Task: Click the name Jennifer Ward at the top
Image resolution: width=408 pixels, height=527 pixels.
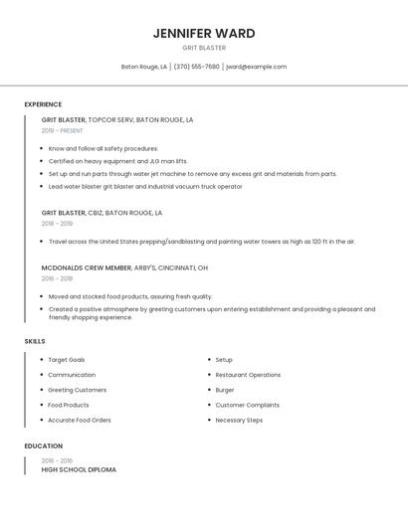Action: (x=204, y=33)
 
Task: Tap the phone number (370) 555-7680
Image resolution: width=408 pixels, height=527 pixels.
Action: (x=197, y=67)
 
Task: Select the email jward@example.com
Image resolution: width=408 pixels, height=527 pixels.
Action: (x=256, y=67)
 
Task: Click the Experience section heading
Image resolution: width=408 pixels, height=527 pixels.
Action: (x=43, y=104)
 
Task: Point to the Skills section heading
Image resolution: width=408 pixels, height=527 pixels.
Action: (x=35, y=341)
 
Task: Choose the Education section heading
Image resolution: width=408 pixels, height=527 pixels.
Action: (x=44, y=446)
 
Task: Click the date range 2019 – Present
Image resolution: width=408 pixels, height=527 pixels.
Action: (x=63, y=131)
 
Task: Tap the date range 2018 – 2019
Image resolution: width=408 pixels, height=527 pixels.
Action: (x=57, y=224)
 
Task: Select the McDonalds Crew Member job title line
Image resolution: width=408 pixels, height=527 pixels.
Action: (x=124, y=267)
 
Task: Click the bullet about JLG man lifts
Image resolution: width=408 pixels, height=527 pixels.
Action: (x=117, y=161)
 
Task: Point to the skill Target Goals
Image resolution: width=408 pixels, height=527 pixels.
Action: (x=67, y=360)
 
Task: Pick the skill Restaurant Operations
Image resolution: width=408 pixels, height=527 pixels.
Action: (x=248, y=375)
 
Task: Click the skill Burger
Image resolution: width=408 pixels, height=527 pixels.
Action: (x=225, y=390)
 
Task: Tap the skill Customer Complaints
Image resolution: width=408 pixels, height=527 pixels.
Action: (x=247, y=405)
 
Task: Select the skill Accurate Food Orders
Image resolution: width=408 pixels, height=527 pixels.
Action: (x=80, y=420)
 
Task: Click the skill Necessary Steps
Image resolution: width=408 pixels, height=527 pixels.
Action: (x=239, y=420)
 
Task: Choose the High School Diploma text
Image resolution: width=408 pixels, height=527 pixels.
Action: (x=79, y=469)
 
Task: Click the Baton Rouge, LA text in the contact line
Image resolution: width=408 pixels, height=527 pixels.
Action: (x=144, y=67)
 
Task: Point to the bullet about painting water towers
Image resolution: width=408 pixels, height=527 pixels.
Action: (x=201, y=241)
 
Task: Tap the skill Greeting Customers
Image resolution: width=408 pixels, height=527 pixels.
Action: (x=76, y=390)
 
